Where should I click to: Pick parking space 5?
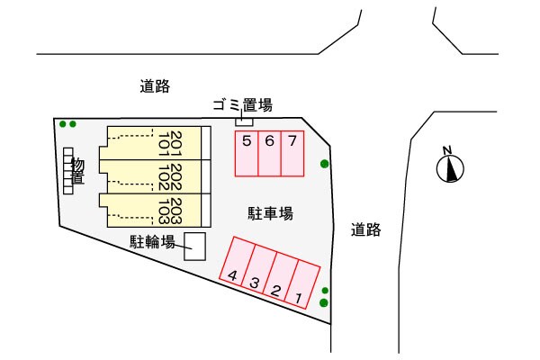pyautogui.click(x=247, y=153)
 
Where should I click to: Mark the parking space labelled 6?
pyautogui.click(x=269, y=153)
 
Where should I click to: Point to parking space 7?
pyautogui.click(x=292, y=153)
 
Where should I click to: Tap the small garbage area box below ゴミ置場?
pyautogui.click(x=245, y=121)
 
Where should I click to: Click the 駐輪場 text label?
pyautogui.click(x=152, y=240)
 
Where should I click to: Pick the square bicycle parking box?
pyautogui.click(x=194, y=247)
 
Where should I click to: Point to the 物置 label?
pyautogui.click(x=78, y=171)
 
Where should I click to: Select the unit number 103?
pyautogui.click(x=164, y=210)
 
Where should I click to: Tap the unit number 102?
pyautogui.click(x=164, y=175)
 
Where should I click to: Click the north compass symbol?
pyautogui.click(x=450, y=166)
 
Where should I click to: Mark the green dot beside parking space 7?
pyautogui.click(x=325, y=164)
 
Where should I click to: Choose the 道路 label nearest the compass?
pyautogui.click(x=366, y=229)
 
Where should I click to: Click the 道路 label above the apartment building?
pyautogui.click(x=155, y=86)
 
